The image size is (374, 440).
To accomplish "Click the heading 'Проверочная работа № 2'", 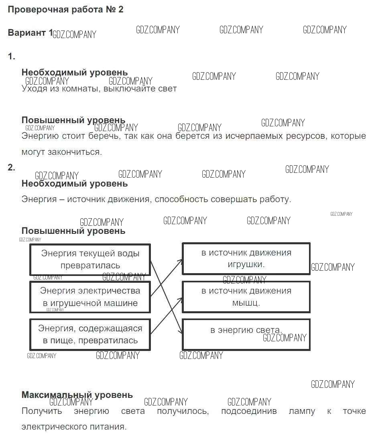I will coord(65,10).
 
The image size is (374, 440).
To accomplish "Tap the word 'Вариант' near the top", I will coord(27,33).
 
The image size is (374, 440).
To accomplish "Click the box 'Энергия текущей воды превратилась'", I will coord(90,260).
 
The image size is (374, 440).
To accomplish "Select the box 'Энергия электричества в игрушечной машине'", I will coord(90,297).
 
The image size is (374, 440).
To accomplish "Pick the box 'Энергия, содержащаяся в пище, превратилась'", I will coord(90,335).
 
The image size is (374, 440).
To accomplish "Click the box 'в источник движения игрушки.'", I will coord(246,259).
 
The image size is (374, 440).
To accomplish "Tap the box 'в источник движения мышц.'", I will coord(246,297).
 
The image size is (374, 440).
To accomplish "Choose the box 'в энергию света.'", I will coord(246,335).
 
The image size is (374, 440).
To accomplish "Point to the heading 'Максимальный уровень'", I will coord(77,395).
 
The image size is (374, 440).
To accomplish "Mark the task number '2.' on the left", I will coord(11,168).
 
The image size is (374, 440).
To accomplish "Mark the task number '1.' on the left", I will coord(11,57).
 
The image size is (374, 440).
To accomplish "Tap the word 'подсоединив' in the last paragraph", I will coord(249,411).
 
